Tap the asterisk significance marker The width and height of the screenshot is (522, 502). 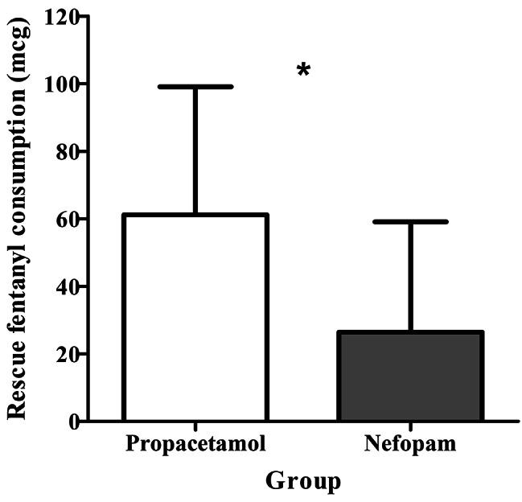pos(303,71)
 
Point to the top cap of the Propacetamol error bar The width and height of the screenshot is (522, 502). pos(195,87)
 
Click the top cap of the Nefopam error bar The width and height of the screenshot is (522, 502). pos(410,221)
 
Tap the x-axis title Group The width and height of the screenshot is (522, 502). pos(303,481)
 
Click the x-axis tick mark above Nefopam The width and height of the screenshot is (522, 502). pos(410,427)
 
